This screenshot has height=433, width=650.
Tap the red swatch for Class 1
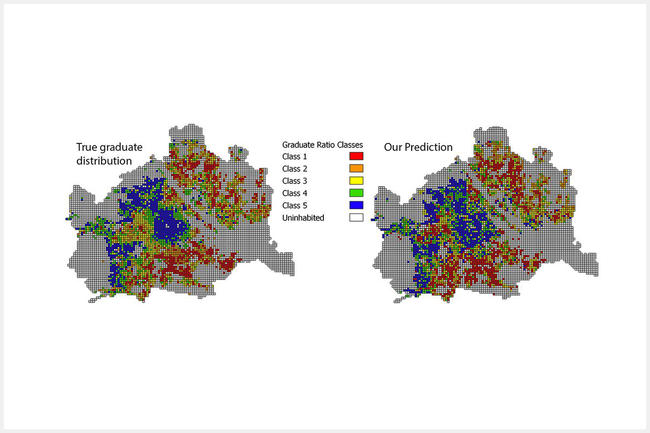355,156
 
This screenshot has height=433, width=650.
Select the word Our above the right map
395,147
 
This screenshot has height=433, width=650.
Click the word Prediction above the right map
431,147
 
